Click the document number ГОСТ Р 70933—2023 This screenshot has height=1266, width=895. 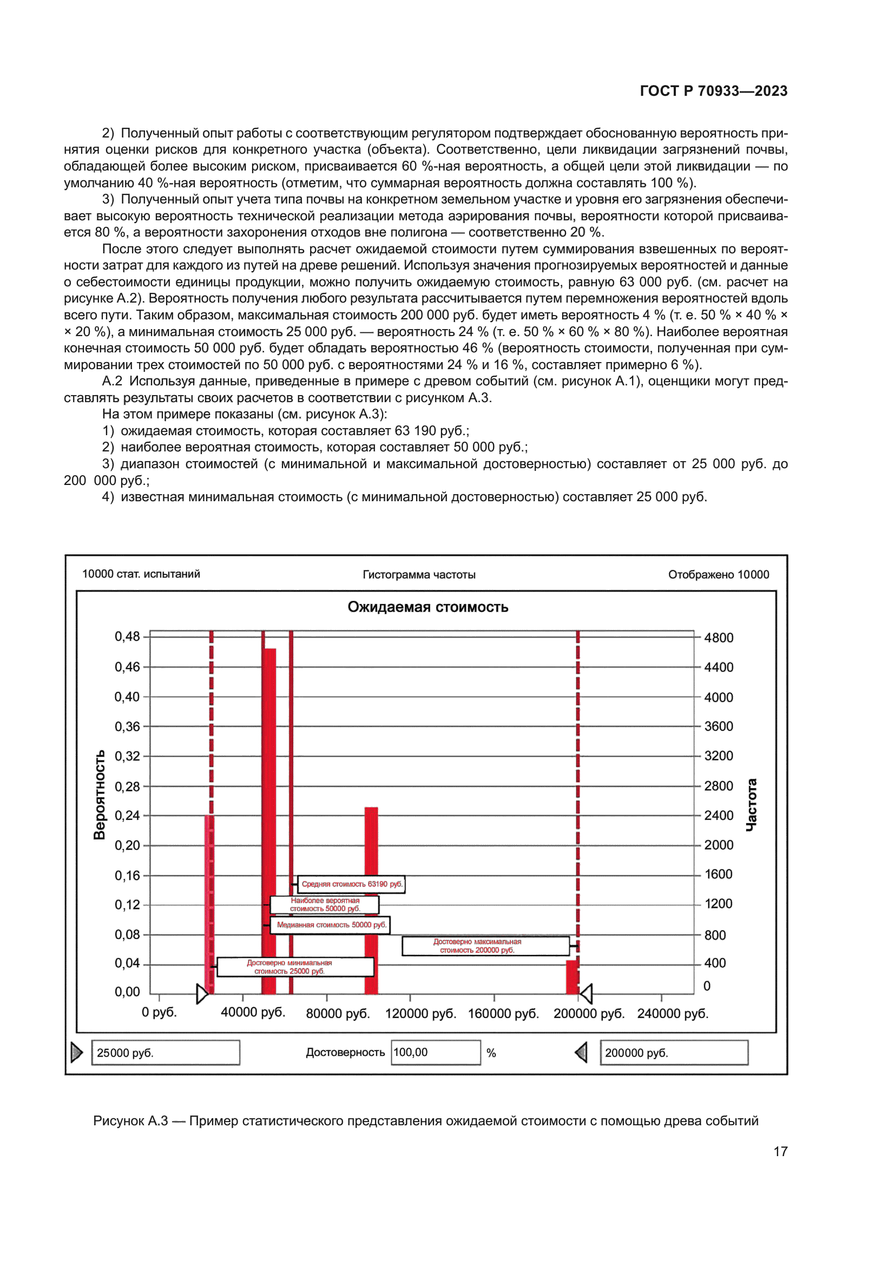pos(713,91)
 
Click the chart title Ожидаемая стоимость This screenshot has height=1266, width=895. pos(427,607)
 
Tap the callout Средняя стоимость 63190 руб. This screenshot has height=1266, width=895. pos(352,884)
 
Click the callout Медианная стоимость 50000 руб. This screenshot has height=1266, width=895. pos(331,924)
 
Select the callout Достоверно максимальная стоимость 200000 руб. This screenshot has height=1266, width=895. pos(485,946)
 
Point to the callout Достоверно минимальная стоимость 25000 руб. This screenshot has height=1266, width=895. pos(295,967)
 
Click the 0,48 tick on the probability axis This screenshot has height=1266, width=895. pos(127,637)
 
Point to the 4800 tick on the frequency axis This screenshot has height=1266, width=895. pos(719,638)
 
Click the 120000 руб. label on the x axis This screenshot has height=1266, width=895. pos(420,1013)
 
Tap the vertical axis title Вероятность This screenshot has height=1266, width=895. pos(99,795)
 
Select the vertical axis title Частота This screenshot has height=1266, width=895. pos(751,805)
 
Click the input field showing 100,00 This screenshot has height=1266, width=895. pos(436,1053)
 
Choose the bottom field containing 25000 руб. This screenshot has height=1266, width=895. pos(166,1053)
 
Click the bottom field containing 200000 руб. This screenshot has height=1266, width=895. pos(674,1053)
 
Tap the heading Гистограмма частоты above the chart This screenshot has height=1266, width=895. pos(419,575)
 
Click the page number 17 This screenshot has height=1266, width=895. pos(780,1151)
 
